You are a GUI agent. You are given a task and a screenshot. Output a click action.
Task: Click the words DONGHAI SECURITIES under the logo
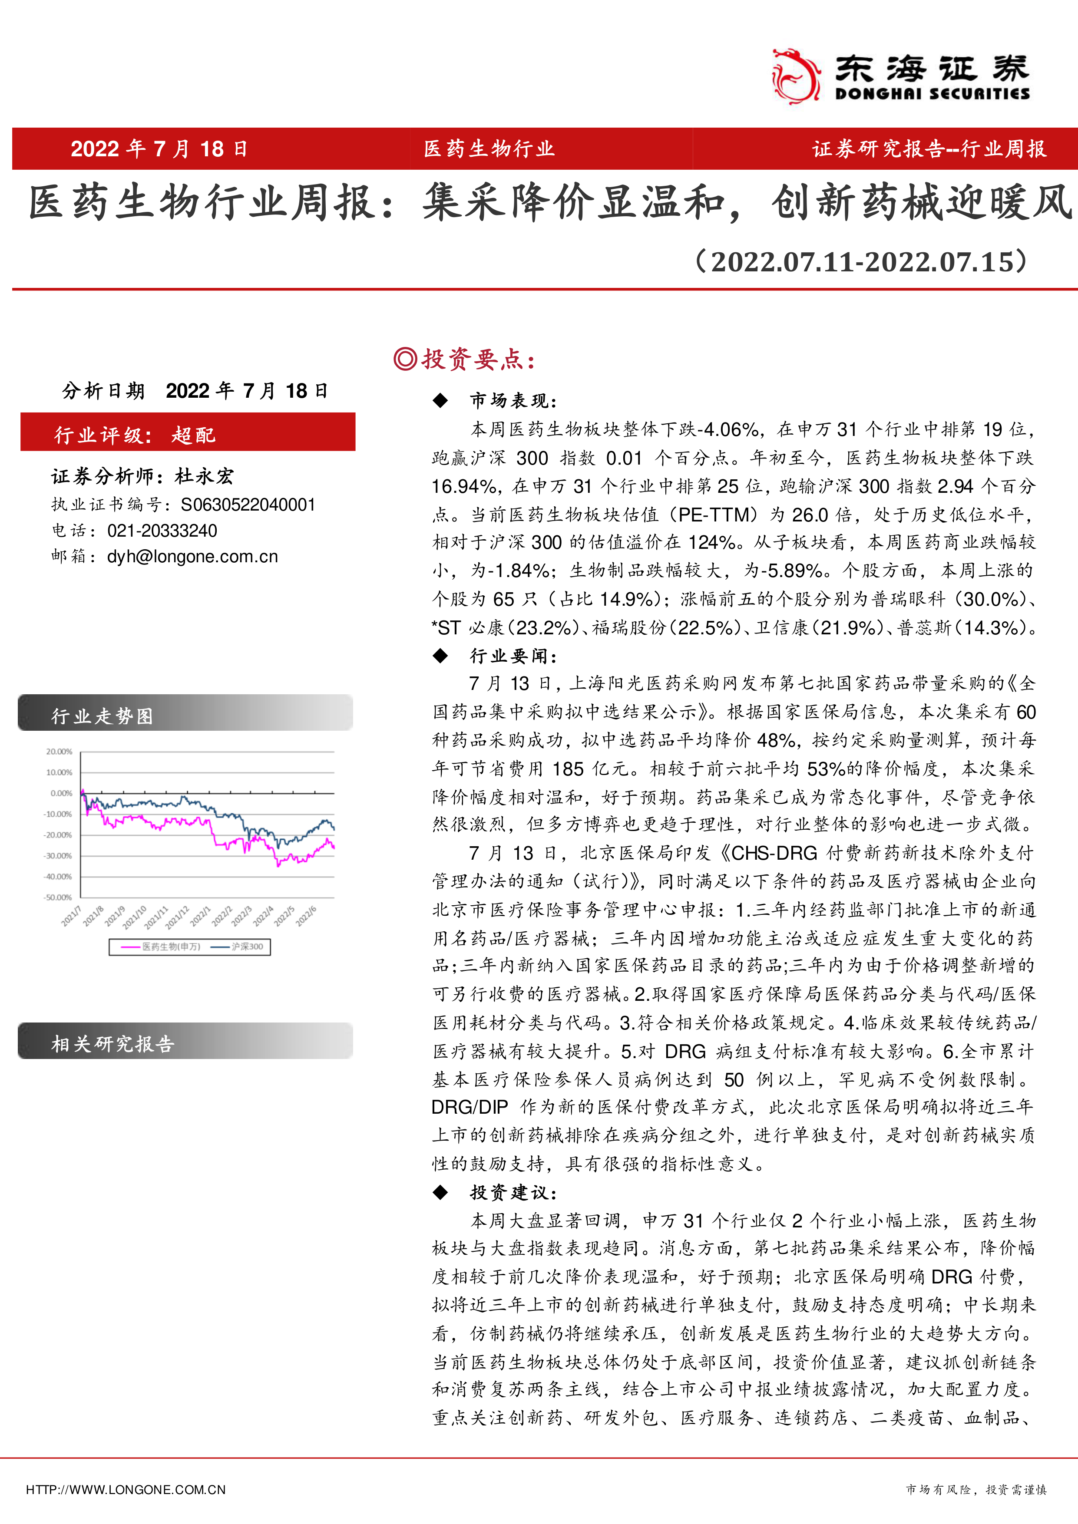click(x=932, y=94)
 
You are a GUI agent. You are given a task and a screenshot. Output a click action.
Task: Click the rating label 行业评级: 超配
click(x=136, y=435)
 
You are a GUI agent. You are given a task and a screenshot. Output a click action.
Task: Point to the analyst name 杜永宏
click(x=205, y=476)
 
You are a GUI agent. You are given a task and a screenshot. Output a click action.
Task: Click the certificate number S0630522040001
click(x=248, y=505)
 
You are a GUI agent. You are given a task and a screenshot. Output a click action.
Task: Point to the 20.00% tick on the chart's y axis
click(x=59, y=752)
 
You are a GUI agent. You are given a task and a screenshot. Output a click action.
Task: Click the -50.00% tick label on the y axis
click(x=58, y=897)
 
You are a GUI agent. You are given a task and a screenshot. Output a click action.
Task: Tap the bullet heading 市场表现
click(x=513, y=400)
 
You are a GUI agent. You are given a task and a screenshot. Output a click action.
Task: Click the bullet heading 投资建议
click(x=513, y=1193)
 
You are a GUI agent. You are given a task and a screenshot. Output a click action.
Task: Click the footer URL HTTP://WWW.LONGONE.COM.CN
click(x=126, y=1490)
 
